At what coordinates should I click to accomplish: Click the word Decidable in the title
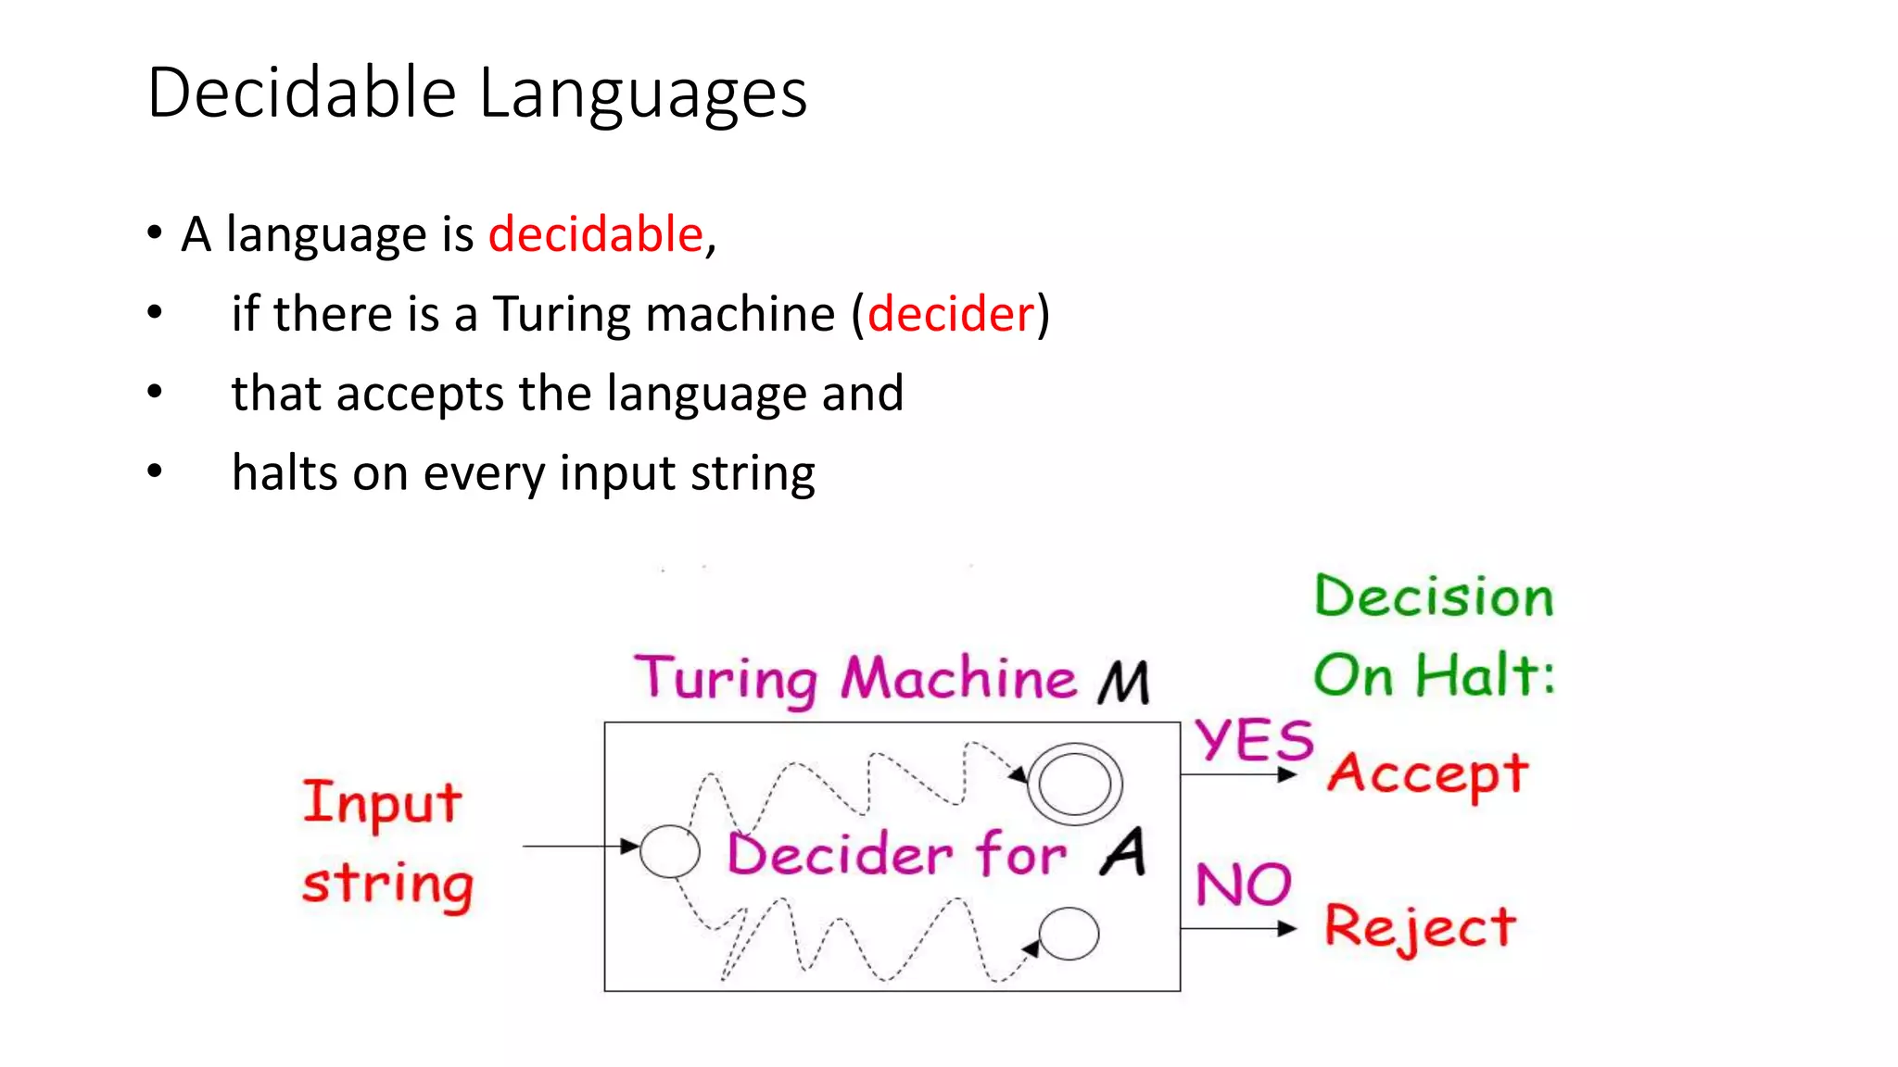pyautogui.click(x=302, y=93)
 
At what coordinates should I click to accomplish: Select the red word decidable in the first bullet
pyautogui.click(x=596, y=233)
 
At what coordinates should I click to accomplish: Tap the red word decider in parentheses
pyautogui.click(x=950, y=314)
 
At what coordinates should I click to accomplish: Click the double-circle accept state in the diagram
pyautogui.click(x=1074, y=784)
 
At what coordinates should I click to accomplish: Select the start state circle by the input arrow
pyautogui.click(x=669, y=851)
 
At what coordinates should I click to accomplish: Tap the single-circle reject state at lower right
pyautogui.click(x=1069, y=934)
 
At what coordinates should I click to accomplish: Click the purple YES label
pyautogui.click(x=1253, y=740)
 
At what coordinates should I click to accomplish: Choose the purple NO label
pyautogui.click(x=1243, y=885)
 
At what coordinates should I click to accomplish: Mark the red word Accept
pyautogui.click(x=1427, y=774)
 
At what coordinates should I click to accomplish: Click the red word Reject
pyautogui.click(x=1420, y=927)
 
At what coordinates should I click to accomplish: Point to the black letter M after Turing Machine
pyautogui.click(x=1124, y=683)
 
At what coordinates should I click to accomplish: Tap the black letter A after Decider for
pyautogui.click(x=1124, y=852)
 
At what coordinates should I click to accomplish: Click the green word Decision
pyautogui.click(x=1433, y=596)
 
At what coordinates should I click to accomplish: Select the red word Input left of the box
pyautogui.click(x=382, y=803)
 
